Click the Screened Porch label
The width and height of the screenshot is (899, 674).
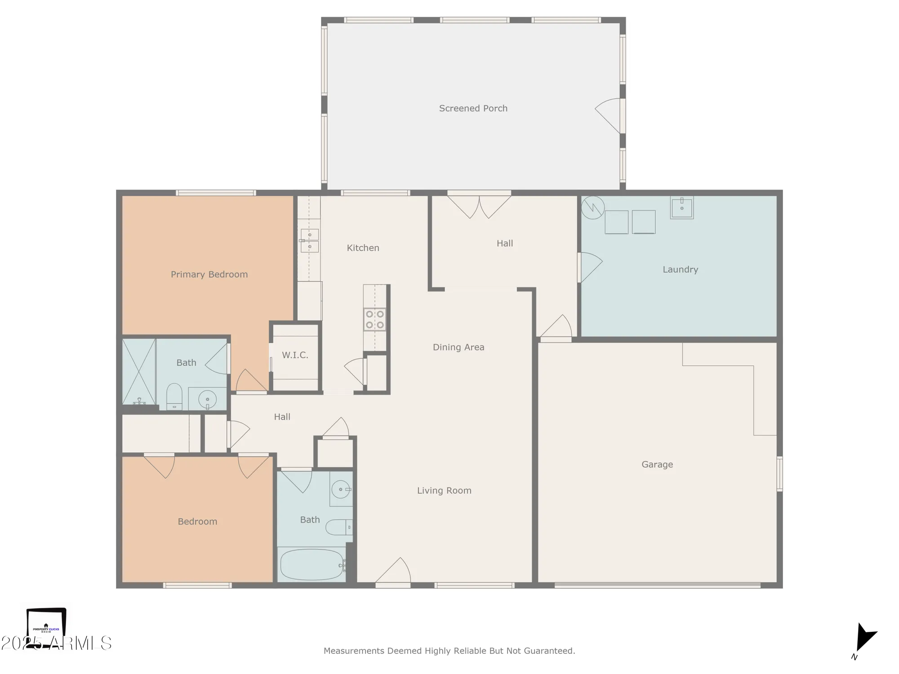tap(473, 108)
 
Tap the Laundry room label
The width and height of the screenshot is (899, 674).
tap(680, 270)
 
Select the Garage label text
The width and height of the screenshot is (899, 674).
tap(657, 465)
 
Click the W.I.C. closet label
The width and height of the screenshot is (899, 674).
tap(295, 355)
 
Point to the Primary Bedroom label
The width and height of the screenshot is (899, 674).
tap(209, 275)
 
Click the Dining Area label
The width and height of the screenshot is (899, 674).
tap(458, 347)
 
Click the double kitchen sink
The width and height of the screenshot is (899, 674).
tap(310, 241)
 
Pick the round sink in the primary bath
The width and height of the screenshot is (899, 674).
tap(207, 399)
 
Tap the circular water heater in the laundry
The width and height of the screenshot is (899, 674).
tap(592, 208)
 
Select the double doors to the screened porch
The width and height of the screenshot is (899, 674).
tap(479, 206)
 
